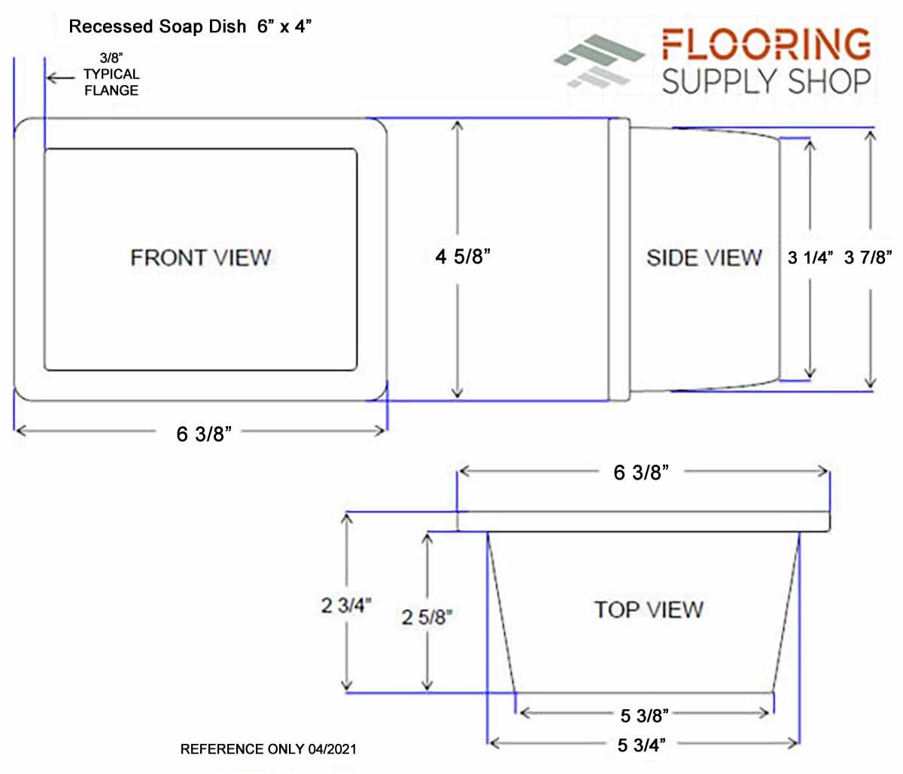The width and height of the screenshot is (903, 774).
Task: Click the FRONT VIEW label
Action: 200,257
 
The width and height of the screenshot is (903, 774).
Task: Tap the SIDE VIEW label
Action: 704,257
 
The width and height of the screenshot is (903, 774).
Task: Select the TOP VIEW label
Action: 649,610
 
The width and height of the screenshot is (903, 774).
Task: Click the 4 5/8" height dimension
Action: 463,257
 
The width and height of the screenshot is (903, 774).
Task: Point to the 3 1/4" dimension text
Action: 810,257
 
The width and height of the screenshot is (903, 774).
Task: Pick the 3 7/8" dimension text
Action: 868,257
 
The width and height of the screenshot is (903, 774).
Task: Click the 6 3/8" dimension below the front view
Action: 204,434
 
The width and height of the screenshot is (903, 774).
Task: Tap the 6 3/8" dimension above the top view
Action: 641,472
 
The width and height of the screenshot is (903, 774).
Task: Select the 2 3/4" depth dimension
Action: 346,606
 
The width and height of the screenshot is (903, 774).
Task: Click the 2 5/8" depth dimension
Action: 427,617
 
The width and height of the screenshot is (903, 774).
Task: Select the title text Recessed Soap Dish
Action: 158,26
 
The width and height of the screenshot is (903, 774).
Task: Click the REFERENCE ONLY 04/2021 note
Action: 268,749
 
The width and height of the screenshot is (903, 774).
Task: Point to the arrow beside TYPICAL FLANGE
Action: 61,78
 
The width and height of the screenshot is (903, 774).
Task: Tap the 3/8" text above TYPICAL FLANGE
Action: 111,58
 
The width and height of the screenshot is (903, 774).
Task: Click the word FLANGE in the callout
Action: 111,90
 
